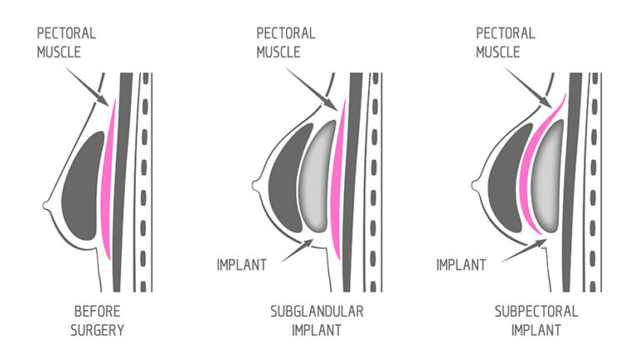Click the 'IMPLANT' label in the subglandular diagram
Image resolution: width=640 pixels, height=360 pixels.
coord(241,265)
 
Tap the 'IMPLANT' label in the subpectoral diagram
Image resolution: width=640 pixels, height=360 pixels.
coord(462,265)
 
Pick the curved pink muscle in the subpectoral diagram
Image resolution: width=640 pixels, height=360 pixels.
coord(530,167)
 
